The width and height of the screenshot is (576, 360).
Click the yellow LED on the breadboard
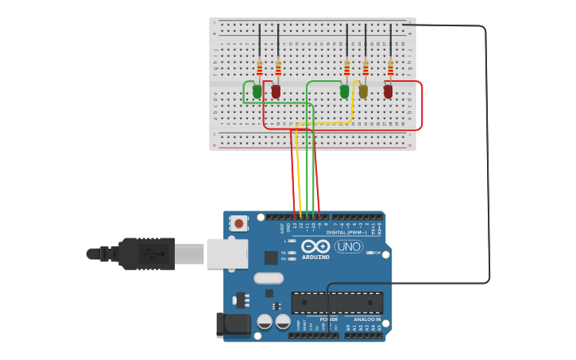pyautogui.click(x=363, y=91)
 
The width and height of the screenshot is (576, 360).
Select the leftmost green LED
pyautogui.click(x=257, y=91)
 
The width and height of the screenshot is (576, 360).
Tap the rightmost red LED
pyautogui.click(x=388, y=91)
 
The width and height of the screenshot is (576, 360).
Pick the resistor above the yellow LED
pyautogui.click(x=365, y=69)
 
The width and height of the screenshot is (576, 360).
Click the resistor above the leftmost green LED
pyautogui.click(x=259, y=69)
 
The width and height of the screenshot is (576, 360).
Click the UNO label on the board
pyautogui.click(x=348, y=247)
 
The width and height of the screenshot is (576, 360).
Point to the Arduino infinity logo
pyautogui.click(x=315, y=246)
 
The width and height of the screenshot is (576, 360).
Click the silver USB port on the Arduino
pyautogui.click(x=226, y=254)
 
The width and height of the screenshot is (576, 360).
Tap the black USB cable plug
pyautogui.click(x=147, y=254)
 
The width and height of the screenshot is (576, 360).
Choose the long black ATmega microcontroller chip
pyautogui.click(x=337, y=303)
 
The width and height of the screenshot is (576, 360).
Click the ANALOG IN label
pyautogui.click(x=367, y=319)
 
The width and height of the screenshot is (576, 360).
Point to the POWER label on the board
pyautogui.click(x=328, y=319)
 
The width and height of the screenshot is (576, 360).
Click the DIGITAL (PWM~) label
pyautogui.click(x=346, y=232)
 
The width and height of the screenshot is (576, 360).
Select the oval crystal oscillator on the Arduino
pyautogui.click(x=269, y=278)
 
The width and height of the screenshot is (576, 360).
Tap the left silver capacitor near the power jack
pyautogui.click(x=265, y=321)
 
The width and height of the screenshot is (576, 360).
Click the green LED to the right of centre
pyautogui.click(x=344, y=91)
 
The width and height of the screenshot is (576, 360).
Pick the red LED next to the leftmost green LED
pyautogui.click(x=276, y=91)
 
